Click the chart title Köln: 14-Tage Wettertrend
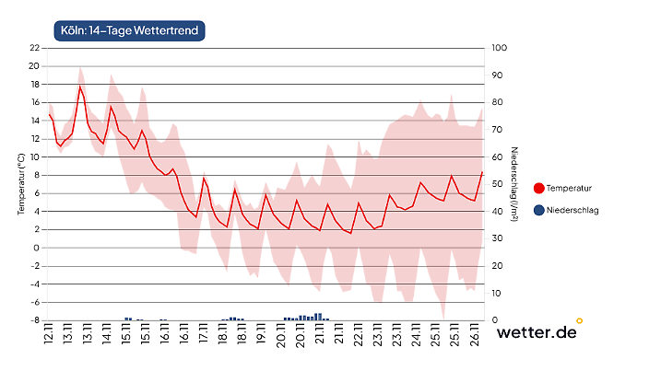[127, 29]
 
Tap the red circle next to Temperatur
[538, 188]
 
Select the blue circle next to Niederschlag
[538, 211]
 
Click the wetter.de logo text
[537, 332]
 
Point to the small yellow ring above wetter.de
[579, 321]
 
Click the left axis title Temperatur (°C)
[19, 184]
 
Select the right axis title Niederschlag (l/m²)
[515, 184]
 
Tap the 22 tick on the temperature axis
[34, 48]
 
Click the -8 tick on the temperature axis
[34, 320]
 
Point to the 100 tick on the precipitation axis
[499, 48]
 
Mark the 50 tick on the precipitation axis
[498, 184]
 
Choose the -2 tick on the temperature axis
[34, 266]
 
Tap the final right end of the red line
[482, 171]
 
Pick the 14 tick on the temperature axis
[34, 121]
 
